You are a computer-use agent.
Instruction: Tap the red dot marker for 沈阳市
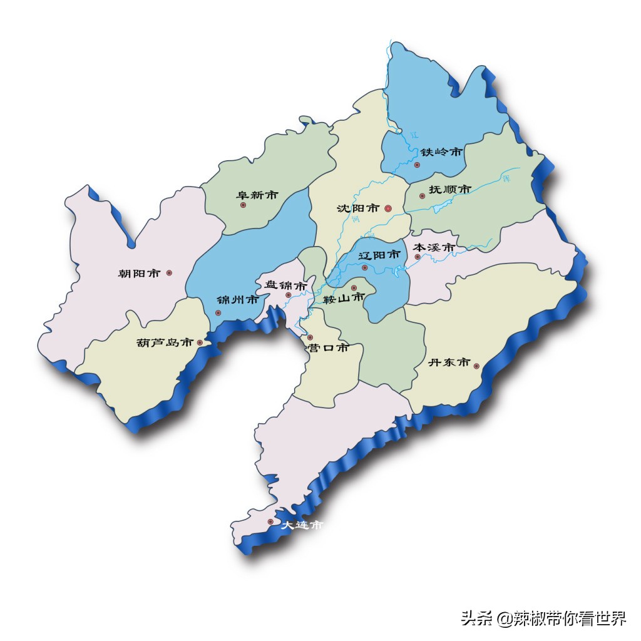(x=388, y=208)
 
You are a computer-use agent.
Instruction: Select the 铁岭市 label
(x=441, y=152)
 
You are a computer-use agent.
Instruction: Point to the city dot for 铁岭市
(x=418, y=165)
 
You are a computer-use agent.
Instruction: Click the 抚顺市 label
(x=449, y=189)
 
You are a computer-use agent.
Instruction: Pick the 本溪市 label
(x=434, y=248)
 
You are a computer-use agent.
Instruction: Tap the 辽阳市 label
(x=379, y=255)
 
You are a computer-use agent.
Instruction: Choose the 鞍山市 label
(x=343, y=299)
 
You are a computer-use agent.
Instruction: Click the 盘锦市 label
(x=285, y=285)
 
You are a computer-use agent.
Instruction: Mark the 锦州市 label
(x=237, y=300)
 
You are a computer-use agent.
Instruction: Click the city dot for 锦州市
(x=218, y=313)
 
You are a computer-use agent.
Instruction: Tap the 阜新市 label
(x=257, y=195)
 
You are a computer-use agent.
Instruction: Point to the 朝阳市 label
(x=140, y=273)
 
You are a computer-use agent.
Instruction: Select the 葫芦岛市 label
(x=165, y=343)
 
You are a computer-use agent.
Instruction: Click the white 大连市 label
(x=302, y=526)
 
